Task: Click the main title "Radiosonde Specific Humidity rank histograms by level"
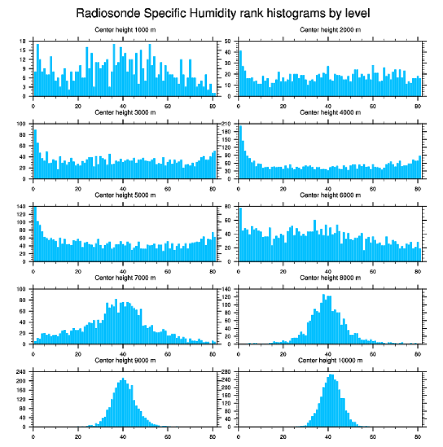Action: tap(222, 12)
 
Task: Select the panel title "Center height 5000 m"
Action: tap(125, 195)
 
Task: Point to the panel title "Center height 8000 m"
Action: tap(331, 278)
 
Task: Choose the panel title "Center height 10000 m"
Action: tap(331, 360)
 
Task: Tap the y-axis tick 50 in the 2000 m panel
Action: tap(229, 41)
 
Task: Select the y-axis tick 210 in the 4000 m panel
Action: tap(227, 124)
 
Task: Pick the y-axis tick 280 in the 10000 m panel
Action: tap(227, 372)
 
